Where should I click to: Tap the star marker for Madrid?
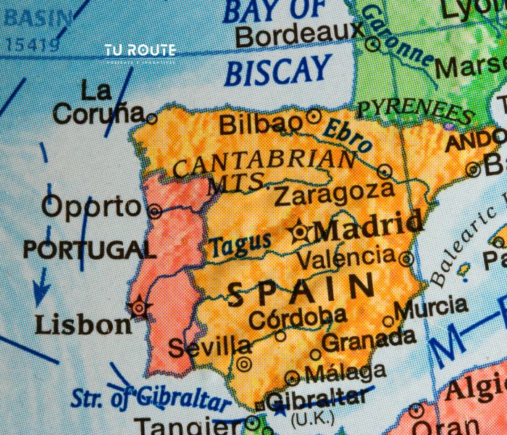point(299,231)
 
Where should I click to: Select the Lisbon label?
point(83,323)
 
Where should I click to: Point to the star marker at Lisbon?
point(138,307)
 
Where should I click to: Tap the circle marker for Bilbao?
point(314,115)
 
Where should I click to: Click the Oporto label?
point(91,207)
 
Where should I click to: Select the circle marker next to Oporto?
point(154,211)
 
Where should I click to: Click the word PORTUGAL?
point(89,250)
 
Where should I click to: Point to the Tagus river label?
point(240,246)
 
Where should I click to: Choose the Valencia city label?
point(345,257)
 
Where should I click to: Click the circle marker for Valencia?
point(406,257)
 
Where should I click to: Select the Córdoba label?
point(297,317)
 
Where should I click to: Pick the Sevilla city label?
point(209,347)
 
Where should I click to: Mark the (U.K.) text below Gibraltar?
point(311,418)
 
